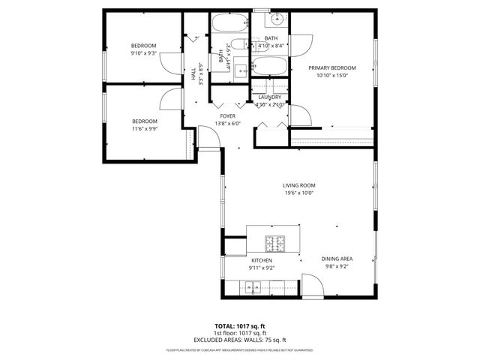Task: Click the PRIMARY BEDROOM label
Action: click(x=332, y=67)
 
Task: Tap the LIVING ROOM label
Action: click(x=298, y=185)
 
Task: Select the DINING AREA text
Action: click(x=337, y=259)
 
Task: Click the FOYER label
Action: click(x=227, y=116)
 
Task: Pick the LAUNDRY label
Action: click(x=269, y=97)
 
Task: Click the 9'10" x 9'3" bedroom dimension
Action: click(x=143, y=53)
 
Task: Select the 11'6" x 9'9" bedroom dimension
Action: click(x=145, y=129)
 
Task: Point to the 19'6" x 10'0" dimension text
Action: click(x=298, y=193)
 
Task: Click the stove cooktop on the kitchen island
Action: click(x=275, y=243)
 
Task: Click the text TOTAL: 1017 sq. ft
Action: click(x=240, y=326)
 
